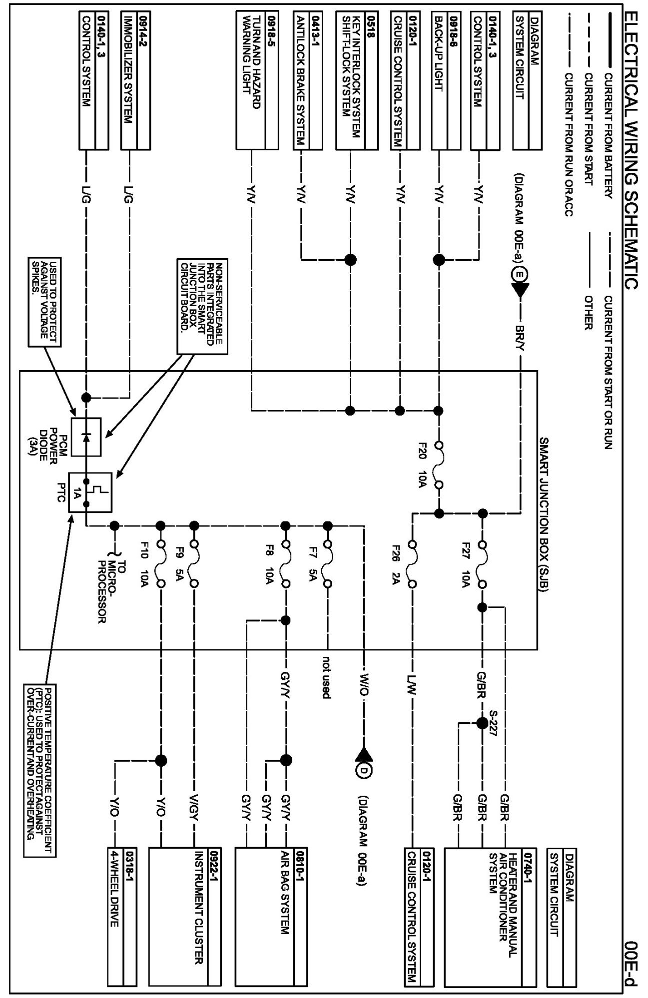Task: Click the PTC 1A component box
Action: [x=90, y=492]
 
